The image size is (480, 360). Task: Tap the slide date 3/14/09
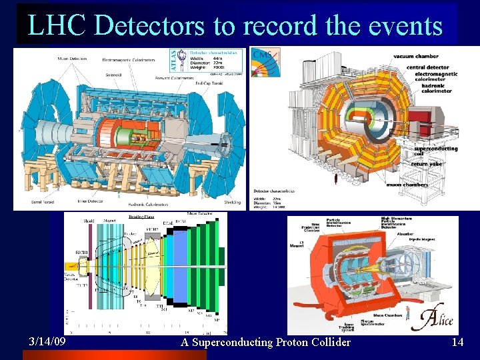(47, 341)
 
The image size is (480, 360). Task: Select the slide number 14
(457, 342)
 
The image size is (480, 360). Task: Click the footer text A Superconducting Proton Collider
(265, 342)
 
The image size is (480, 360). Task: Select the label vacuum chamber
(416, 57)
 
